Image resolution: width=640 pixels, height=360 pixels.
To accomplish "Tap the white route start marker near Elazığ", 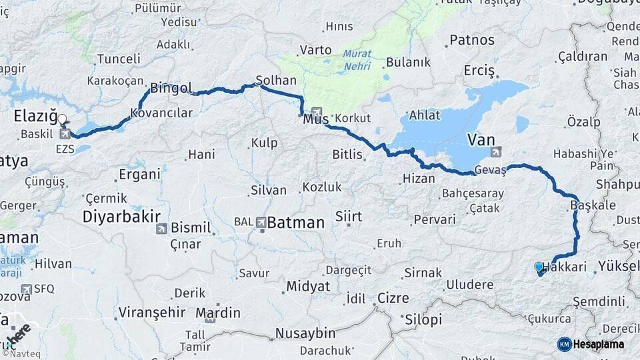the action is click(62, 121).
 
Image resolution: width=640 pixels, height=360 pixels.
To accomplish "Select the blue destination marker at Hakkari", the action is click(539, 267).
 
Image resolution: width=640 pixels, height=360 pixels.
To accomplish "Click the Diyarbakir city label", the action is click(122, 217).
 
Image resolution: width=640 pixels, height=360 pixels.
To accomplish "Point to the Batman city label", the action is click(296, 223).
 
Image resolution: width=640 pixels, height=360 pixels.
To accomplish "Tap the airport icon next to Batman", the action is click(261, 222).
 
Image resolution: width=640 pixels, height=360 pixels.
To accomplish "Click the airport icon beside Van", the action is click(495, 151).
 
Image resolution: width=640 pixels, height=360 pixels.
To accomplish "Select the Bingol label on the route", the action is click(171, 88).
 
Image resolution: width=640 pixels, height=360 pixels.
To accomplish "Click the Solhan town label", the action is click(276, 80).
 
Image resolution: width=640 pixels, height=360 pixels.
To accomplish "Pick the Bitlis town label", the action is click(347, 155).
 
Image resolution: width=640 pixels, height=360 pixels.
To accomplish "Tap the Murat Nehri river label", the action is click(359, 61).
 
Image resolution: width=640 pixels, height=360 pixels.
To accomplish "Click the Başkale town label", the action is click(593, 205).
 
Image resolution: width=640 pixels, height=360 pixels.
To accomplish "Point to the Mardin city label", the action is click(218, 313).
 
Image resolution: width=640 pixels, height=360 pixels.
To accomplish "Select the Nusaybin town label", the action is click(305, 333).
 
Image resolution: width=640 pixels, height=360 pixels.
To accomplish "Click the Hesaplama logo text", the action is click(598, 344).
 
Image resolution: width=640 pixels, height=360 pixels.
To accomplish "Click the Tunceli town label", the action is click(119, 59).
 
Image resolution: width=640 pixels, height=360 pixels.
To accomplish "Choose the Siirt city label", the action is click(349, 217).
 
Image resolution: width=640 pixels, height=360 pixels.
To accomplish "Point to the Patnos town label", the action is click(472, 40).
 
